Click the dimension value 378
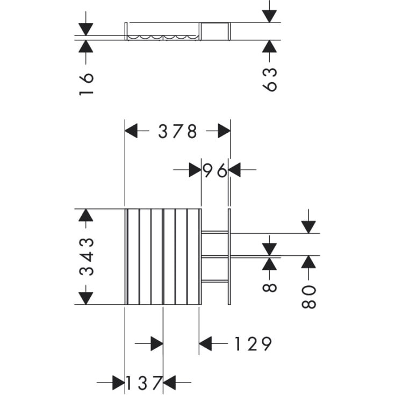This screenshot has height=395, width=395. coord(177,131)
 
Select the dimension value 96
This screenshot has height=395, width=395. coord(215,170)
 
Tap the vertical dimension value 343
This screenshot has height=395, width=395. coord(87,256)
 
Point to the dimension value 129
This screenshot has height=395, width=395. coord(253,343)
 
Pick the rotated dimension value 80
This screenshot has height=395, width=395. coord(308,297)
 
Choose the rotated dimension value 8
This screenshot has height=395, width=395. coord(270,288)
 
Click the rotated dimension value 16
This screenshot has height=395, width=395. coord(87,84)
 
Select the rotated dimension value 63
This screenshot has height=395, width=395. coord(270,80)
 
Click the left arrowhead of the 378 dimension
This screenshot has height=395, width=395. coord(131,131)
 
